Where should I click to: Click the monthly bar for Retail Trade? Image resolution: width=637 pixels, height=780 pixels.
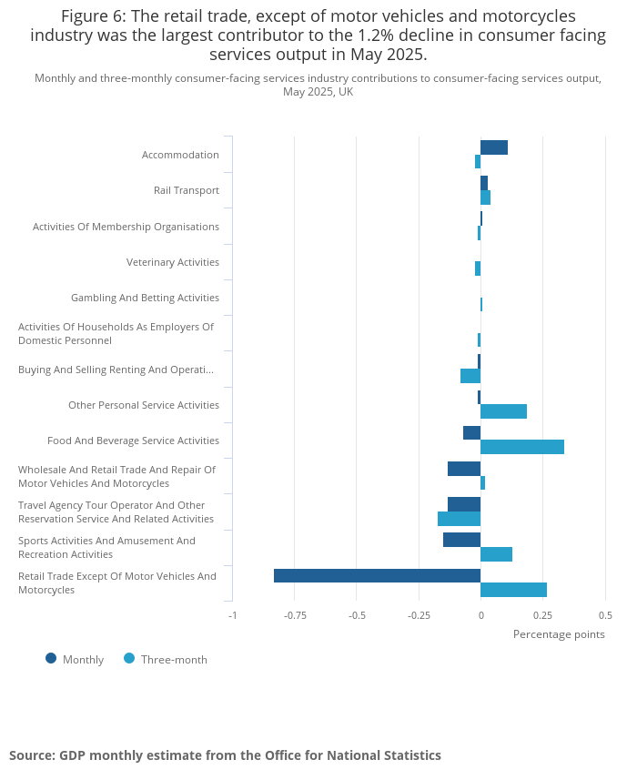[x=377, y=575]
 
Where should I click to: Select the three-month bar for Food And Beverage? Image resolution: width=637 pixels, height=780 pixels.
[x=521, y=447]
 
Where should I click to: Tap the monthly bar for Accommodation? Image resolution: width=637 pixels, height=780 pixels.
[x=493, y=147]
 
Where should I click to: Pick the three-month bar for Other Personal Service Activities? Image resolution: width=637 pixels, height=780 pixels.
[x=503, y=411]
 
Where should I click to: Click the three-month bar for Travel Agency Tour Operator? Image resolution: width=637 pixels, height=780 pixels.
[x=459, y=519]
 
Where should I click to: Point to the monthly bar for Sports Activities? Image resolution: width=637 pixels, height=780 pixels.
[x=461, y=540]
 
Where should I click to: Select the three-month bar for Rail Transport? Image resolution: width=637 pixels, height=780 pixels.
[x=485, y=198]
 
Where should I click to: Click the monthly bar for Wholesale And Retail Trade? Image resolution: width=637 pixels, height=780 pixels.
[x=464, y=469]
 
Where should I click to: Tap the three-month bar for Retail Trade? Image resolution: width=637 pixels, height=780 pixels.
[x=513, y=590]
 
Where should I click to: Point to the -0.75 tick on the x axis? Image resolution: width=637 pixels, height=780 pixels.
[x=294, y=614]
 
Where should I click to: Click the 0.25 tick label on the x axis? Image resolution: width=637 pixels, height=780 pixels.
[x=542, y=614]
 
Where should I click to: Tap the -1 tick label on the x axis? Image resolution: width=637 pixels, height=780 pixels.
[x=232, y=614]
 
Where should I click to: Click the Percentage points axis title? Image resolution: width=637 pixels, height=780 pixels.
[x=559, y=634]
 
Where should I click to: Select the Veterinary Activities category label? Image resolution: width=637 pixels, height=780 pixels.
[x=173, y=262]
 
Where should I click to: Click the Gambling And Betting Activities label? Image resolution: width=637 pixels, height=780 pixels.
[x=145, y=298]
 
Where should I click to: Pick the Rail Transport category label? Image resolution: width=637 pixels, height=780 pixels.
[x=187, y=190]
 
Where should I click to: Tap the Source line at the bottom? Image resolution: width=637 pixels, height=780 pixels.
[x=225, y=755]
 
